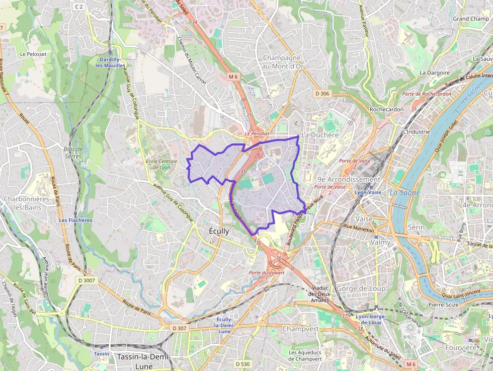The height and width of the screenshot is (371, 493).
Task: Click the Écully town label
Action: tap(219, 231)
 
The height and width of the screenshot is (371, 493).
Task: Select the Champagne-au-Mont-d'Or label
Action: tap(283, 62)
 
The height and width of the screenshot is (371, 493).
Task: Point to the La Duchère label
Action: tap(319, 135)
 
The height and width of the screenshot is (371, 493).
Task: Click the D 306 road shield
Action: tap(322, 94)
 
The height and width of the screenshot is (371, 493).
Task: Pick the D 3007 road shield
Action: tap(87, 280)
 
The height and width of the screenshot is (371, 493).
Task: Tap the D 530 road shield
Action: tap(242, 364)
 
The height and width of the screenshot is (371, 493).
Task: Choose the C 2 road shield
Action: tap(78, 7)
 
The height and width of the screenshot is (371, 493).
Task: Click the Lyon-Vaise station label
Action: tap(368, 193)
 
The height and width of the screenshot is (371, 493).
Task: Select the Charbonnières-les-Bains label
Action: tap(28, 203)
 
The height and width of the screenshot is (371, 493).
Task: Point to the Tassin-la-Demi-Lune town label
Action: tap(143, 361)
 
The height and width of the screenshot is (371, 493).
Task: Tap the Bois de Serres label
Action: tap(73, 153)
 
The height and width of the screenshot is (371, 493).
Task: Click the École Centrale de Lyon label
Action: tap(161, 164)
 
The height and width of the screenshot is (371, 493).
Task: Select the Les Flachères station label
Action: tap(75, 220)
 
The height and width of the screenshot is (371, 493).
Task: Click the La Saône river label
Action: tap(400, 192)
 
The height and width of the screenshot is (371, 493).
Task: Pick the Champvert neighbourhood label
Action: tap(301, 329)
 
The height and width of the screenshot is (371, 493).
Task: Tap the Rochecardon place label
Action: tap(386, 109)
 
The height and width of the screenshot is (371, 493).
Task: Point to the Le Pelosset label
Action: tap(33, 54)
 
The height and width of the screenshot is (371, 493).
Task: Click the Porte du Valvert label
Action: tap(267, 272)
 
